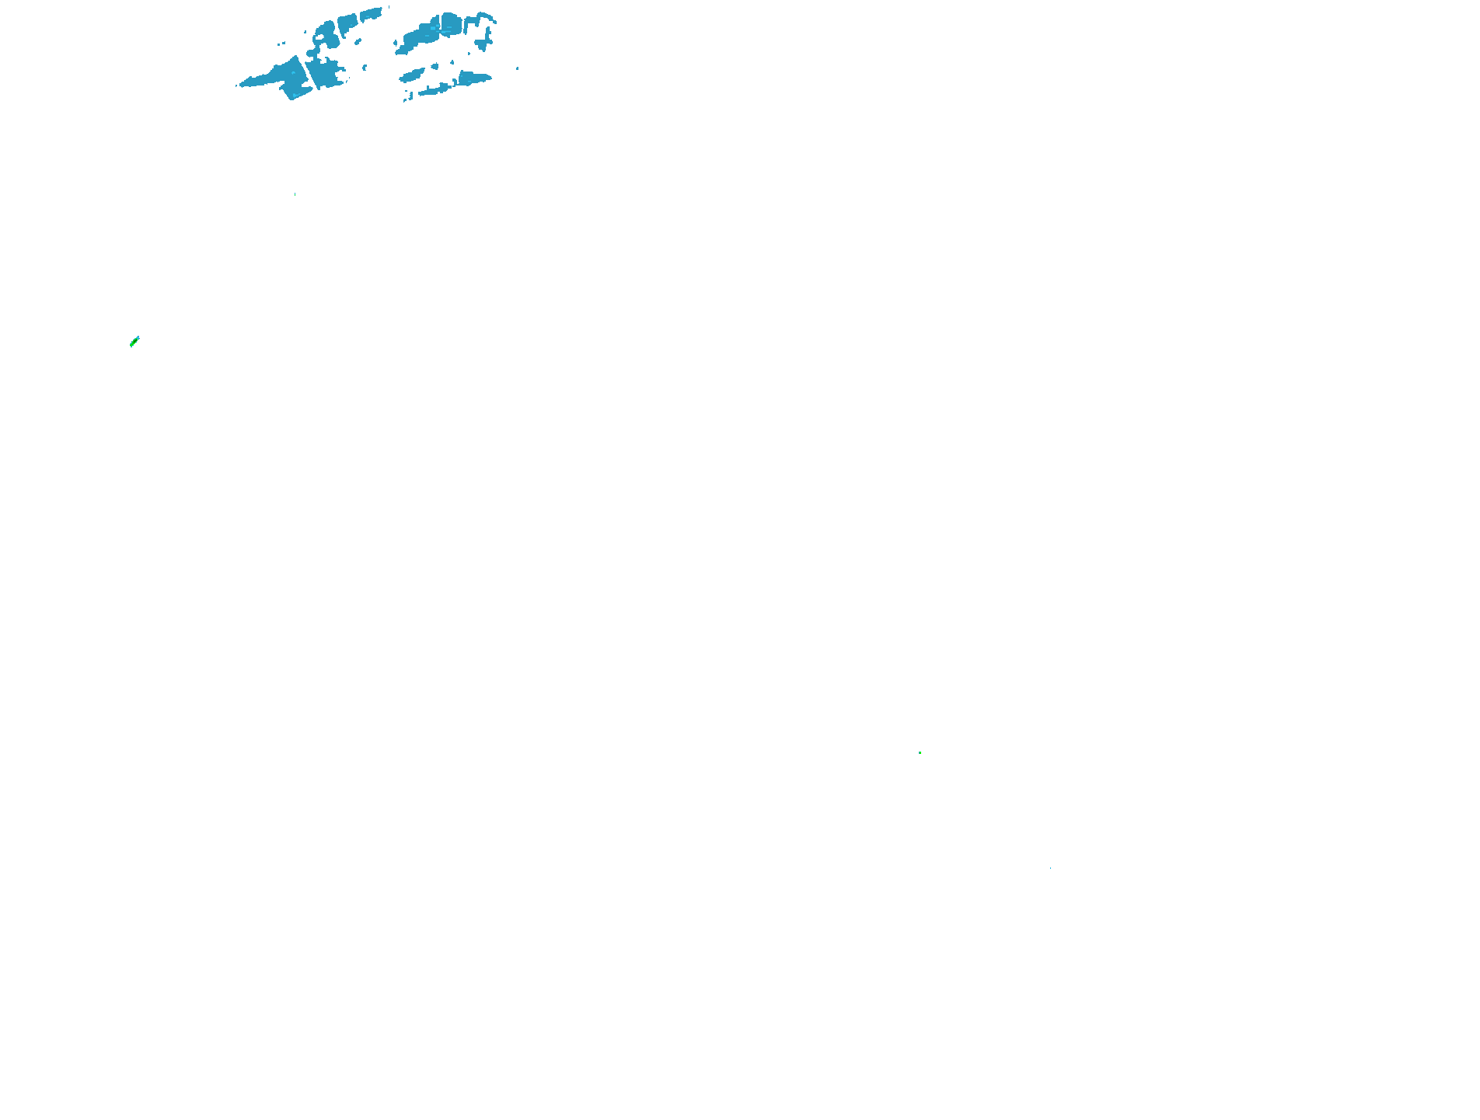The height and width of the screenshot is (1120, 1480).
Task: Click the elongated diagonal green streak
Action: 134,341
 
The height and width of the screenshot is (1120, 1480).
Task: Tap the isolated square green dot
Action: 920,752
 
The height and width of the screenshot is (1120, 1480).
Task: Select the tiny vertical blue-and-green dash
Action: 295,194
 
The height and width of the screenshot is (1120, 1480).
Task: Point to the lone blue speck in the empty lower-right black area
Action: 1050,868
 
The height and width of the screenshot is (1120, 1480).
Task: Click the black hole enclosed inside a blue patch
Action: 319,37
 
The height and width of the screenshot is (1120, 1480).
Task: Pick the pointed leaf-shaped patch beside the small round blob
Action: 412,75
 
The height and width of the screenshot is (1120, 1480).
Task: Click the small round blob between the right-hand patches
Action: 435,67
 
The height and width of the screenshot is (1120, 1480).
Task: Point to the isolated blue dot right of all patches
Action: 518,68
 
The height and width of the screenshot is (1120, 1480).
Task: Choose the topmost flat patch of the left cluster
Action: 372,14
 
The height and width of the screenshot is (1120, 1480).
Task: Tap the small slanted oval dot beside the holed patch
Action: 358,41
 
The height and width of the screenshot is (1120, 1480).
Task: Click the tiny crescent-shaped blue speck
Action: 365,68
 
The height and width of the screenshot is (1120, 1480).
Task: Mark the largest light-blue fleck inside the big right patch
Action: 434,28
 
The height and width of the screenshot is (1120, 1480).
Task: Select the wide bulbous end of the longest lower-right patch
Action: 473,78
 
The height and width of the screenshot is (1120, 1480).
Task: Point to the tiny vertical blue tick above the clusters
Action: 389,7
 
